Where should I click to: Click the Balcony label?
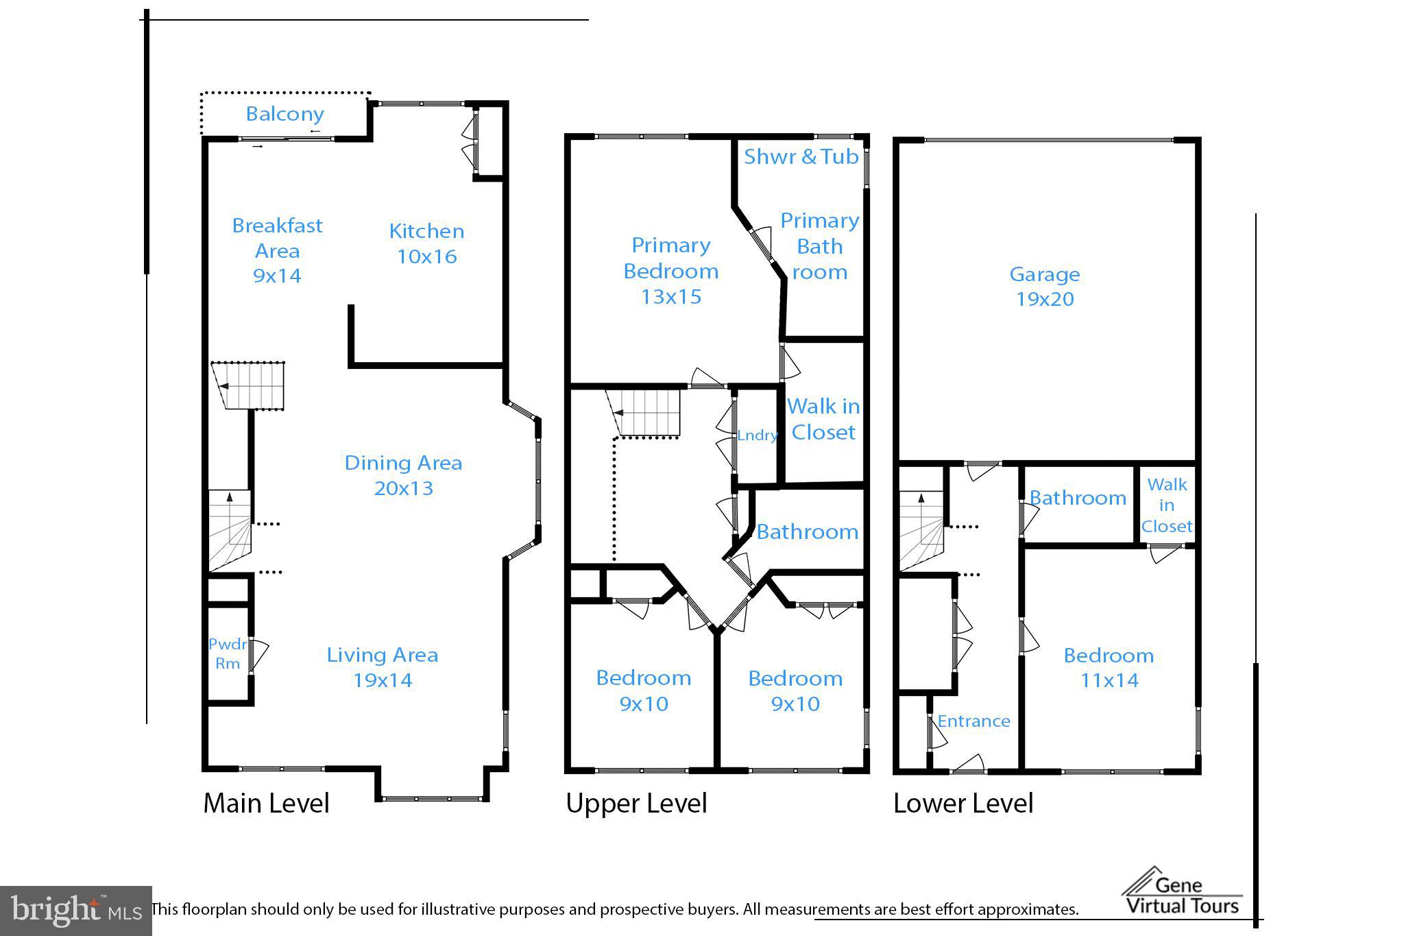click(285, 114)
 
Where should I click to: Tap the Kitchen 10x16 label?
click(426, 243)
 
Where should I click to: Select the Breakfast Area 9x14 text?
click(277, 250)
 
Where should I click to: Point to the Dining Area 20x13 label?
click(403, 475)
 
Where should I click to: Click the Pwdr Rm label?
click(228, 653)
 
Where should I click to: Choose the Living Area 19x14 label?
click(383, 667)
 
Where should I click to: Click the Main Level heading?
click(266, 803)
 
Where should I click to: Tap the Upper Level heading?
click(636, 803)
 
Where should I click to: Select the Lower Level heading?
click(963, 803)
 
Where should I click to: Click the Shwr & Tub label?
click(801, 157)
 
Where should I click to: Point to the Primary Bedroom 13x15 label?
click(670, 270)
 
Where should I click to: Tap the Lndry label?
click(757, 435)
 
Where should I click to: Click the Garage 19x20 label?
click(1045, 287)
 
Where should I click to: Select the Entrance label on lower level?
click(973, 721)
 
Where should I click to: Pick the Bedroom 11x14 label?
click(1109, 667)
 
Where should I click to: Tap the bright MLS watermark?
click(75, 911)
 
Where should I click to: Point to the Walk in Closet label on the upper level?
click(823, 419)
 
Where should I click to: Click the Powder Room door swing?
click(259, 655)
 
